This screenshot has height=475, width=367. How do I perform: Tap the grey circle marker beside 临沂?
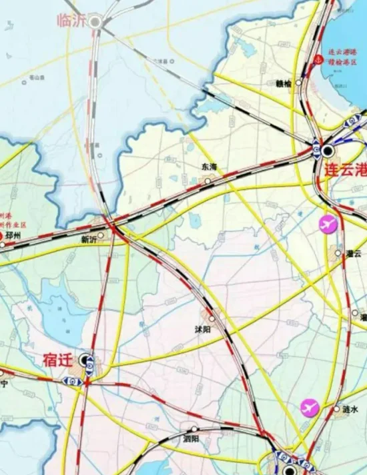95,22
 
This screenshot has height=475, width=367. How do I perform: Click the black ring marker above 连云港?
328,151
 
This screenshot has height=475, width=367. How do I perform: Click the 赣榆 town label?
283,83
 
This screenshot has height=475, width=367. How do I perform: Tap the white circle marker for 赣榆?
298,83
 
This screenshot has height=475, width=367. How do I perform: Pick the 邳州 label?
14,236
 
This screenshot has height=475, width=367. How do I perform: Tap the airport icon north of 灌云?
328,225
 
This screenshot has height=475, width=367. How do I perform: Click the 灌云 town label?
353,254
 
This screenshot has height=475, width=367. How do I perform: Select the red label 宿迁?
57,360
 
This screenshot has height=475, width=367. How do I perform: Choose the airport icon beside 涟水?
310,407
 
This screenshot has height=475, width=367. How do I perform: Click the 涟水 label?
350,409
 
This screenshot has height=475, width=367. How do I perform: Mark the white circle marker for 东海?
208,181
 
